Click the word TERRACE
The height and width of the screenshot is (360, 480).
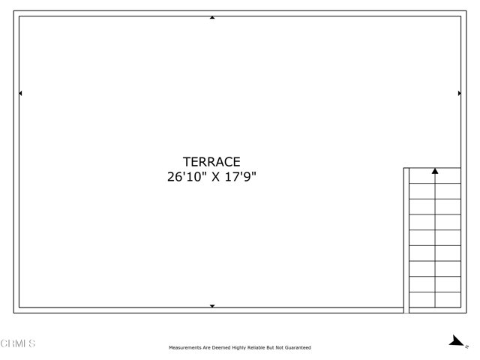point(211,162)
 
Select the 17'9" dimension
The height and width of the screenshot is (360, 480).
point(241,178)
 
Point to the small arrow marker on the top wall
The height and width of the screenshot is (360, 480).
point(212,17)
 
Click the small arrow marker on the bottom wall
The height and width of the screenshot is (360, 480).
point(212,306)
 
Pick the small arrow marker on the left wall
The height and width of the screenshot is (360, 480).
point(20,94)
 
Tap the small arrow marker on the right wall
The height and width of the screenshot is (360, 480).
point(459,94)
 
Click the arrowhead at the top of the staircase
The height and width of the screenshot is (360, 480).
point(435,172)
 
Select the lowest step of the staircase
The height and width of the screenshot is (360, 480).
point(435,300)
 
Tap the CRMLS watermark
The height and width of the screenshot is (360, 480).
point(18,343)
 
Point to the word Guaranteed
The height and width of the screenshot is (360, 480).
point(296,348)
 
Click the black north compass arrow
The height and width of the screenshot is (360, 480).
point(456,341)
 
